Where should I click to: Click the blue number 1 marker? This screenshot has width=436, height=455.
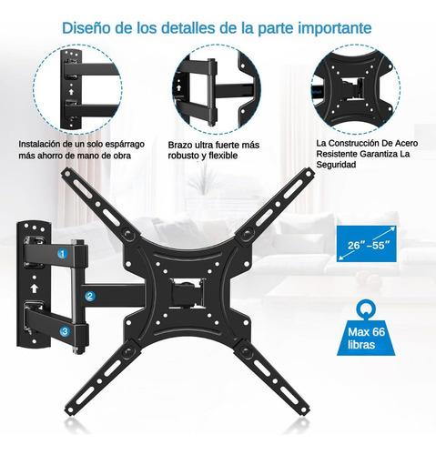pos(62,254)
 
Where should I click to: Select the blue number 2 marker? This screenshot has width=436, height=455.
pos(90,296)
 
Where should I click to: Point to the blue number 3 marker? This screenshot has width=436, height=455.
pos(63,331)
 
